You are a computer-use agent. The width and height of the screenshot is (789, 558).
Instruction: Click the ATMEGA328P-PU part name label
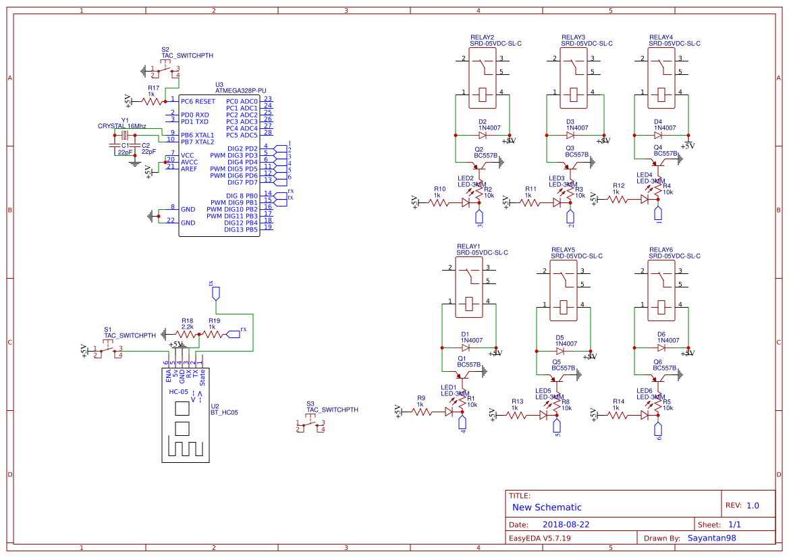(240, 90)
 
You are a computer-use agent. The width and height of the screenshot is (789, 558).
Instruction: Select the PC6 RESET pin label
(198, 101)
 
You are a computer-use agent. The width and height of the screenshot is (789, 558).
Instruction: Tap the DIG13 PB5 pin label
(241, 229)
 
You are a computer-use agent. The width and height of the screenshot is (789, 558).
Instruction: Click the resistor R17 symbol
(153, 101)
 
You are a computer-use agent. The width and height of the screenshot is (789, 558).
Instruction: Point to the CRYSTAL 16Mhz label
(121, 126)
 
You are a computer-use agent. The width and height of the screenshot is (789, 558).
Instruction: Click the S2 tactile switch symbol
(165, 70)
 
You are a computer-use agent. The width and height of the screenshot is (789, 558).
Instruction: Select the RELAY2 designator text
(482, 37)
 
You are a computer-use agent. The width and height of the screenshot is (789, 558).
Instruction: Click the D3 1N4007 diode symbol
(570, 135)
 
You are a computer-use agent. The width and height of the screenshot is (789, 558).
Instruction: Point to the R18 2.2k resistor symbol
(187, 334)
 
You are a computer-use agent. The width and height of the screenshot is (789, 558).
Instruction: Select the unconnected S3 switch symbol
(310, 426)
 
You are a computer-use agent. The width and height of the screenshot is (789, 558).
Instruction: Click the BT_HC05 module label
(224, 412)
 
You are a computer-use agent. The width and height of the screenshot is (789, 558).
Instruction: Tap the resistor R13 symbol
(517, 416)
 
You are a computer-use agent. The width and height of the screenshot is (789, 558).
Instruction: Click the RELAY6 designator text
(661, 250)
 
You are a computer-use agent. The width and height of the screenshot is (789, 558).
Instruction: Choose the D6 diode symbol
(661, 348)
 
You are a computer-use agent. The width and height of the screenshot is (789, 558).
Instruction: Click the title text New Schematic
(547, 507)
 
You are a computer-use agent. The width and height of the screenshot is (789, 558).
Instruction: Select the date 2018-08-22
(566, 524)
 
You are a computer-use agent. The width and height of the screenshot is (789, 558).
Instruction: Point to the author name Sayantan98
(711, 538)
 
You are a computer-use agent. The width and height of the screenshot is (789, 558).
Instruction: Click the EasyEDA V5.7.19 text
(539, 538)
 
